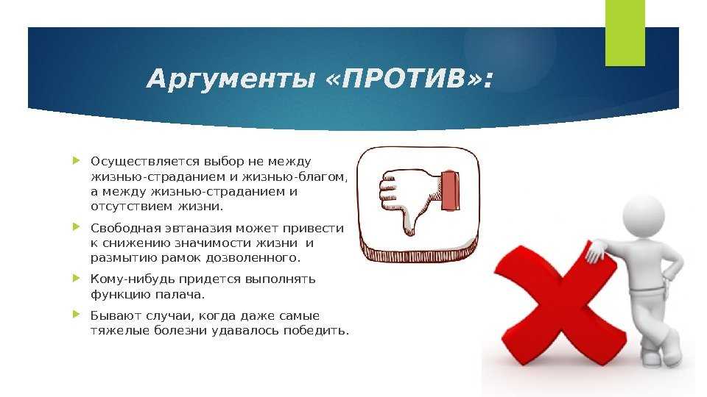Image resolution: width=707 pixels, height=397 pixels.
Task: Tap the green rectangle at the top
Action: click(625, 33)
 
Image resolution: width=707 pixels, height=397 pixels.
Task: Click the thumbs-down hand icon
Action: click(419, 201)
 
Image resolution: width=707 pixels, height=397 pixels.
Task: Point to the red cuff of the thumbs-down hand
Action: click(451, 191)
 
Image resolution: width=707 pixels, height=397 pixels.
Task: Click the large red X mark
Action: click(558, 307)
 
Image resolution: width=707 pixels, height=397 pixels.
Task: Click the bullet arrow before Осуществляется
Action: click(76, 160)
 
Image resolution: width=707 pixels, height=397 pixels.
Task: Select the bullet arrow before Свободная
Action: click(76, 227)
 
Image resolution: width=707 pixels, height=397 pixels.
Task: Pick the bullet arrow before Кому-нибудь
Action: click(76, 278)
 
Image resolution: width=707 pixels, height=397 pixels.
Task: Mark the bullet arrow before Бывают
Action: click(76, 314)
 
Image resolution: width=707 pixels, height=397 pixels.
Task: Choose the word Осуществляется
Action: click(145, 162)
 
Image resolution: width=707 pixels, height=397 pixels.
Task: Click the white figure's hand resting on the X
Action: click(595, 252)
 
